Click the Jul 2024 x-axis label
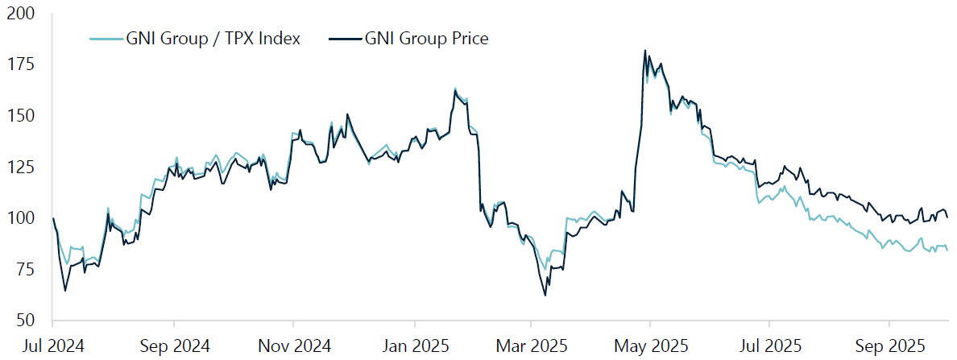pos(53,346)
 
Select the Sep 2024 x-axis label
pos(174,346)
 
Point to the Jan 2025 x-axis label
pos(414,346)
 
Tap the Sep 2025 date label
pos(889,346)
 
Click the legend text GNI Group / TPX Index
pos(213,39)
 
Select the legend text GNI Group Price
pos(426,39)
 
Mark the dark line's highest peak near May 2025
pos(645,51)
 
